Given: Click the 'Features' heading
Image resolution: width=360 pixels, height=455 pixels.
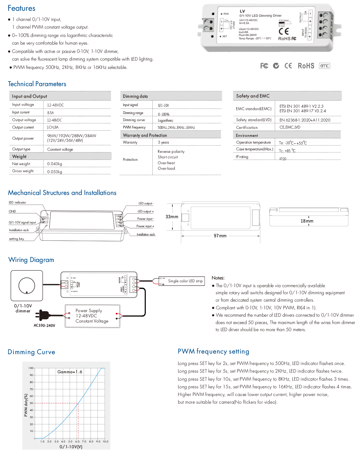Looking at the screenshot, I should tap(22, 8).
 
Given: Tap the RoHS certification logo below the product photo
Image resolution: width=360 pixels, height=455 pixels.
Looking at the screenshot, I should tap(306, 66).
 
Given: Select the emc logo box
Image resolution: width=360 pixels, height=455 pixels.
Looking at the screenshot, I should tap(324, 66).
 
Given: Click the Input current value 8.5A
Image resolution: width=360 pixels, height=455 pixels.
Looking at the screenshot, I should tap(50, 113).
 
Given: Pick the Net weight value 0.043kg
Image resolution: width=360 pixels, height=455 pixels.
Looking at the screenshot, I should tap(54, 164).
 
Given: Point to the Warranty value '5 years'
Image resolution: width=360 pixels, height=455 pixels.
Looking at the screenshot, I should tap(163, 142).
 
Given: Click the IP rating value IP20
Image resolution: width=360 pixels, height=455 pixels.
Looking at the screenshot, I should tap(282, 159).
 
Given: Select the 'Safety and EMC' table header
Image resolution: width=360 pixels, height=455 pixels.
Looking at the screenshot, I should tap(253, 96).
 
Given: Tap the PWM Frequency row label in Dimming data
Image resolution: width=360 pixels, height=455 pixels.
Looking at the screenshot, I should tap(134, 127).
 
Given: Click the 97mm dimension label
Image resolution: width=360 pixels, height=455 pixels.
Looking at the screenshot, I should tap(220, 236).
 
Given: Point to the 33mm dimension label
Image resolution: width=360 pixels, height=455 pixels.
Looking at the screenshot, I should tap(172, 217).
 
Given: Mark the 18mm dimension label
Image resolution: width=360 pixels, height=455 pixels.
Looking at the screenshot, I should tap(307, 221).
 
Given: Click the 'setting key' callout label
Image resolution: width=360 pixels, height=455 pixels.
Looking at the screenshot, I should tap(16, 239).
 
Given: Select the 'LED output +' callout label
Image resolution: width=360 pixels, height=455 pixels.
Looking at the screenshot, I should tap(146, 212).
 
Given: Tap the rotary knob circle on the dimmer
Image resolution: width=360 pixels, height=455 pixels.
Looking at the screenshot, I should tap(27, 286).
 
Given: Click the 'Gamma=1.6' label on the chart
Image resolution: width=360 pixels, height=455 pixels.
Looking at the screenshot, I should tap(70, 372).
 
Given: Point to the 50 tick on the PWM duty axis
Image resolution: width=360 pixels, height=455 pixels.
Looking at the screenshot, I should tap(31, 403).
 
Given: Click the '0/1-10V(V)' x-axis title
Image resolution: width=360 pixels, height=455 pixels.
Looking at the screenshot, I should tap(71, 447).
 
